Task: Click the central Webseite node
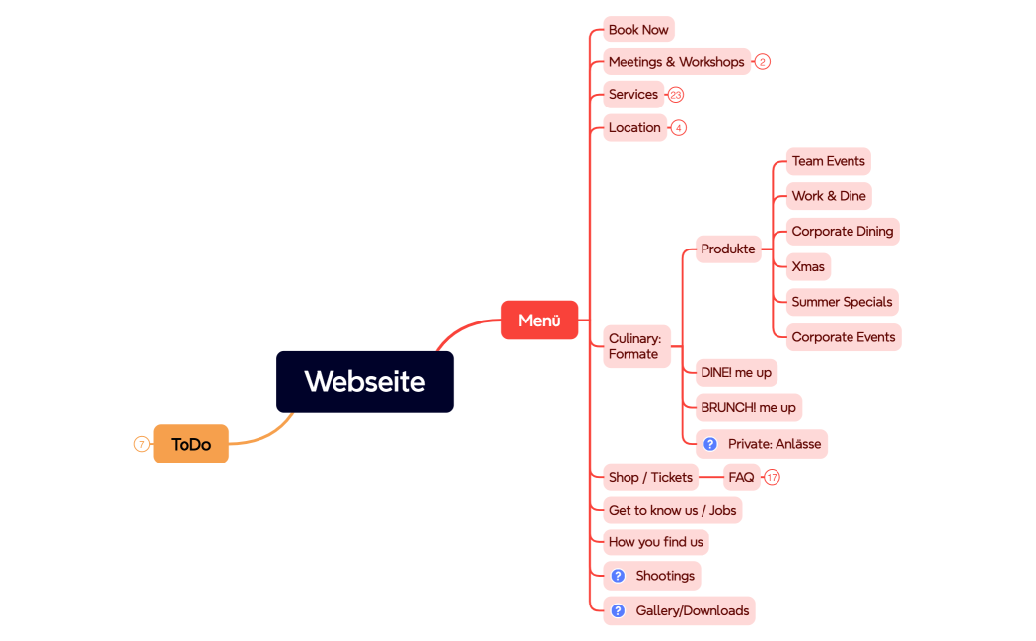tap(364, 382)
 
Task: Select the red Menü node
tap(539, 320)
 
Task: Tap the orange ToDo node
tap(190, 444)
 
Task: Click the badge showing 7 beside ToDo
tap(141, 444)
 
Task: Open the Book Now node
tap(638, 30)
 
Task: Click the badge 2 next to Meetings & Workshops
tap(763, 62)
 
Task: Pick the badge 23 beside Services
tap(676, 95)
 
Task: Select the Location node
tap(634, 128)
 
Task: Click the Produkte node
tap(728, 249)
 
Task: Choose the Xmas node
tap(808, 267)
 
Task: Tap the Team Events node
tap(828, 161)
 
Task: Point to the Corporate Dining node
tap(842, 232)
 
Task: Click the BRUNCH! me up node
tap(748, 407)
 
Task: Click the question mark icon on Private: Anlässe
tap(710, 444)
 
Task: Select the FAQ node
tap(741, 477)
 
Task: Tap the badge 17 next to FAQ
tap(773, 477)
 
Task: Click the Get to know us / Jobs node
tap(672, 510)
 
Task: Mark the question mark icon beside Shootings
tap(618, 576)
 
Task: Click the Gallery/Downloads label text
tap(692, 611)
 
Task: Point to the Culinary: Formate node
tap(635, 346)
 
